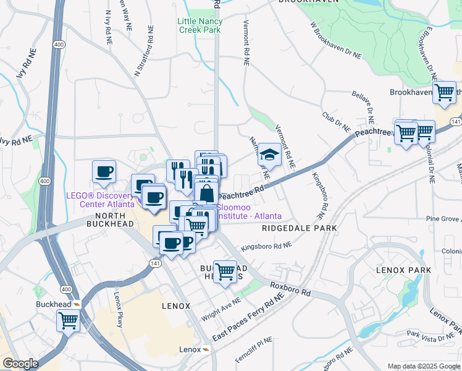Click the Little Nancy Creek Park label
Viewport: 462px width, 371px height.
pos(199,25)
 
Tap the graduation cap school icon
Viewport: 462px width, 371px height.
pos(269,155)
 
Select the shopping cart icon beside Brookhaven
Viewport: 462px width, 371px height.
pos(444,93)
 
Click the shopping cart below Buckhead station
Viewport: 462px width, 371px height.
pos(68,321)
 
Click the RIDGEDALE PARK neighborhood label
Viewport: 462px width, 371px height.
pos(299,228)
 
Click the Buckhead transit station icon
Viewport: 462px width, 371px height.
pos(76,304)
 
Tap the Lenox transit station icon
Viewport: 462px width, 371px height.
pos(206,350)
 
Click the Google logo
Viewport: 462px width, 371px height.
pos(20,364)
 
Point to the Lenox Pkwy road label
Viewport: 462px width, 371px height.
pos(117,308)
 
